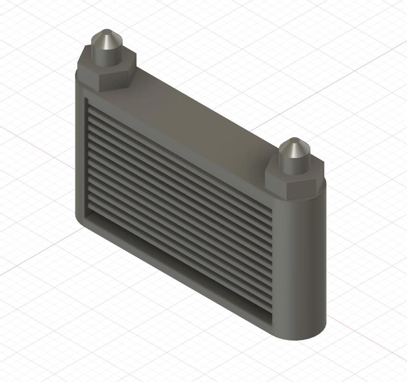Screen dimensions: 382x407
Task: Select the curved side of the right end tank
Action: [x=305, y=265]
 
